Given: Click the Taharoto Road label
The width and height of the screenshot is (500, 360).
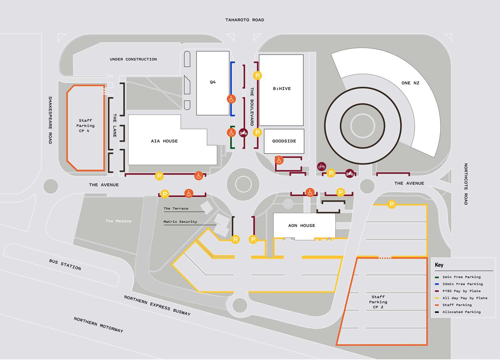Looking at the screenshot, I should pos(244,20).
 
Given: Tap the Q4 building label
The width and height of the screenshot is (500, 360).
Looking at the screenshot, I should pos(213,82).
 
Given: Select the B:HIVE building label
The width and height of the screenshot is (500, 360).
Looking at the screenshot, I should pos(282,89).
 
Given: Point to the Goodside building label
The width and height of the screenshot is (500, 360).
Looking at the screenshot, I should pos(284,141).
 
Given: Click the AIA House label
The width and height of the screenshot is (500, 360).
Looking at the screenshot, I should pos(164,141).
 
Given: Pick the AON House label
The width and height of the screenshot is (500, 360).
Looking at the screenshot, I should pos(301,226).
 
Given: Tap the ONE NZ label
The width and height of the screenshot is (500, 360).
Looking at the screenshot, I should pos(410,83).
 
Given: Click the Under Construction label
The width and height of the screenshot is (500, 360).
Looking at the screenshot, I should pos(133,59).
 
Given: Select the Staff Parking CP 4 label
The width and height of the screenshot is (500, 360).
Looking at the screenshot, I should pos(85,126).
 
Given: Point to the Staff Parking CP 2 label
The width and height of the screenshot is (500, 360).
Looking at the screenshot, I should pos(378,302).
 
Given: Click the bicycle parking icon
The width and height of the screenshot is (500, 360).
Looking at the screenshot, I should pos(322,166).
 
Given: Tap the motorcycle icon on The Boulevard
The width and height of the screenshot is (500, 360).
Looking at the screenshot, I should pos(243,133).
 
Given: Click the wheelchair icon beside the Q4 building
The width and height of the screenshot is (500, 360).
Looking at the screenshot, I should pos(231,99).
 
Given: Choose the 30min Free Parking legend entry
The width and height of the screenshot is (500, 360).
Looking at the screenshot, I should pos(462,284).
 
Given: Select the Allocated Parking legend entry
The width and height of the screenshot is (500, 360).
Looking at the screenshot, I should pos(461,312).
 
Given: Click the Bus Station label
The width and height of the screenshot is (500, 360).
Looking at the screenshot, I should pos(65,265).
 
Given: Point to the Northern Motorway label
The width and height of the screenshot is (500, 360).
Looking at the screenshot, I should pos(98,325).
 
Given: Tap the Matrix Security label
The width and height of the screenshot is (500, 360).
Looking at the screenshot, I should pos(180,222).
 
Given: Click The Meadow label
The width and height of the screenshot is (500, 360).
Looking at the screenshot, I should pos(118,221).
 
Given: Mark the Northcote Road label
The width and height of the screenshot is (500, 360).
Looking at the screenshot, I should pos(466,184).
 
